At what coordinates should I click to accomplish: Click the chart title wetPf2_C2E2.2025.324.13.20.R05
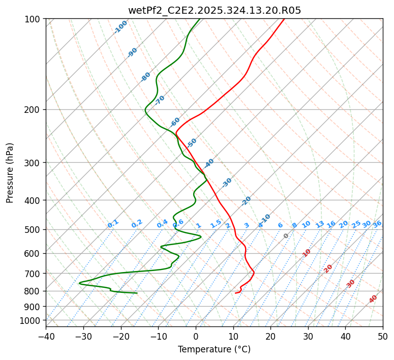[x=215, y=11]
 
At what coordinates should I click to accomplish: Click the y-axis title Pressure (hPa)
[x=10, y=172]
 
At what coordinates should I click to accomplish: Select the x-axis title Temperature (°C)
[x=214, y=349]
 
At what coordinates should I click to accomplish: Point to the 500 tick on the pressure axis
[x=33, y=229]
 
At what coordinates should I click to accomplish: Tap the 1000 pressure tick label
[x=31, y=320]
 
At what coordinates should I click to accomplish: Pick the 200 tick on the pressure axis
[x=33, y=109]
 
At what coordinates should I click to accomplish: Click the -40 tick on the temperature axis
[x=46, y=336]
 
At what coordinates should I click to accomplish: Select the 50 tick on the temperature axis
[x=383, y=336]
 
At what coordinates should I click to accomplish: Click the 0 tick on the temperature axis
[x=196, y=336]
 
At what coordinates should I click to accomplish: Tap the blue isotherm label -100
[x=120, y=27]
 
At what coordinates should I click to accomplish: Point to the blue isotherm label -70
[x=160, y=100]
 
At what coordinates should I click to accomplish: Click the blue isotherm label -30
[x=227, y=183]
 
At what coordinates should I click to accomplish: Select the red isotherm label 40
[x=373, y=299]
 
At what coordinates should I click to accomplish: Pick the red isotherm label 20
[x=328, y=268]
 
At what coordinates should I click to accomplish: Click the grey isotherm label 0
[x=286, y=236]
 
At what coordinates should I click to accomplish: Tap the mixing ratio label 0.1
[x=113, y=223]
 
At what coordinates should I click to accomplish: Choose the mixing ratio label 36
[x=377, y=224]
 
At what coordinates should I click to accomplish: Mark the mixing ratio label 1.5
[x=216, y=223]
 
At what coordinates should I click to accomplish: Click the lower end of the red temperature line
[x=235, y=293]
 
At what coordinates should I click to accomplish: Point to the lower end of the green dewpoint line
[x=137, y=293]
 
